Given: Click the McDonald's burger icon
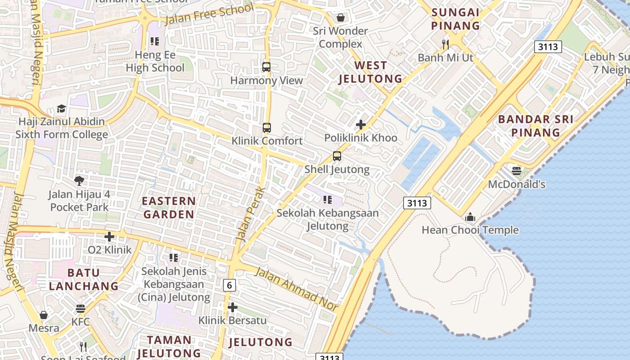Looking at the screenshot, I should point(516,171).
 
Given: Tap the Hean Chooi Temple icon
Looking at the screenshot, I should point(470,217).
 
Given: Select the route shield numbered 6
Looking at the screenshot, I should point(229,285).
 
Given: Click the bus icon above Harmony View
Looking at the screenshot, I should point(266,67).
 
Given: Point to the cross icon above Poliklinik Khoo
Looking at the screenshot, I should point(360,125).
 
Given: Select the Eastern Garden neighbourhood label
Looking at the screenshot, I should point(169,207).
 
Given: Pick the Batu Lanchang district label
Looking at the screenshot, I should point(84,279).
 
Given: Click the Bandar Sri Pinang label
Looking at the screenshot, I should point(535,126).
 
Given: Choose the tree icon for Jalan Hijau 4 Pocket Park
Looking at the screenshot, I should point(79,181).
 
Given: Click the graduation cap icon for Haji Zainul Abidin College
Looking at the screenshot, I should point(61,109).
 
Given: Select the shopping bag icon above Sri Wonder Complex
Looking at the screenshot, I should point(341,18).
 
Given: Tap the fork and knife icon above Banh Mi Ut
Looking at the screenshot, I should point(445,44).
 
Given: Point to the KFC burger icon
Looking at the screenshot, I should point(81,309).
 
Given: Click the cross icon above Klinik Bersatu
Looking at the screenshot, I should point(233,308).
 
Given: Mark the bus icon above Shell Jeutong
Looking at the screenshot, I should point(337,157).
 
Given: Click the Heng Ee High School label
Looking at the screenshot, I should point(155,62).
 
